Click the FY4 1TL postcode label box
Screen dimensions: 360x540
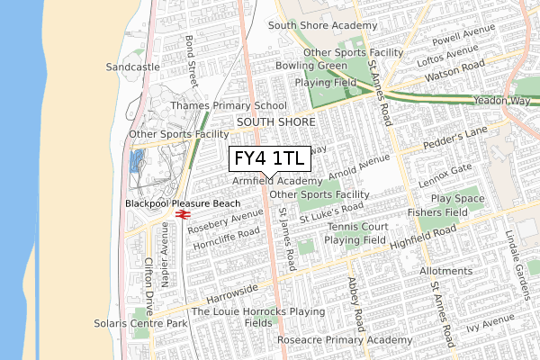pos(270,158)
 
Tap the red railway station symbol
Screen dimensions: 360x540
pos(183,215)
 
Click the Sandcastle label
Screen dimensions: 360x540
pos(132,67)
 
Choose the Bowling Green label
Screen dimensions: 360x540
pos(311,66)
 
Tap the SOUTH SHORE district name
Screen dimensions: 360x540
pos(275,121)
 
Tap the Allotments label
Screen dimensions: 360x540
pos(446,271)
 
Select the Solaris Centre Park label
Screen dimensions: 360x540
pos(140,322)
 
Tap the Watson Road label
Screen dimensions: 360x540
pos(456,67)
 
